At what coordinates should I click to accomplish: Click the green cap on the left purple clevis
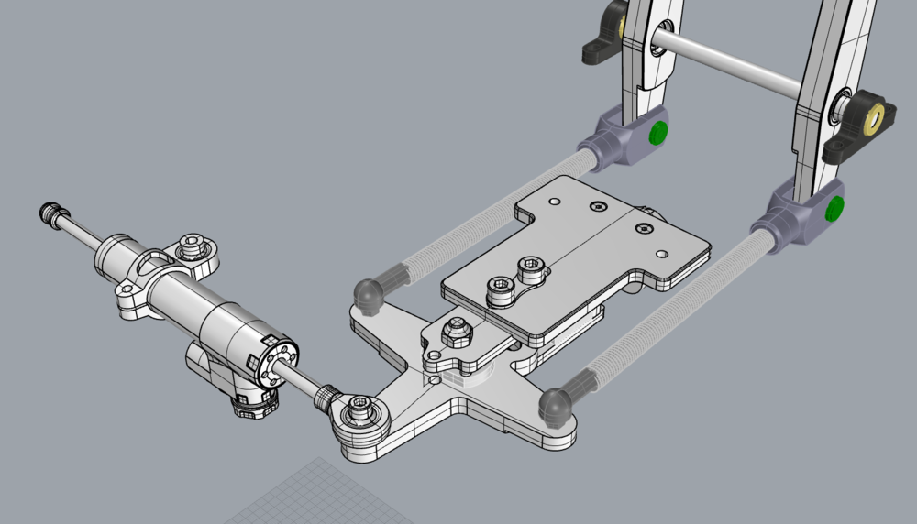tap(657, 133)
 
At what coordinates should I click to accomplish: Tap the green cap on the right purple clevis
tap(834, 209)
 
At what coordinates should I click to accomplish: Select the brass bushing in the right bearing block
tap(875, 116)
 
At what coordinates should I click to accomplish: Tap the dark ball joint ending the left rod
tap(370, 292)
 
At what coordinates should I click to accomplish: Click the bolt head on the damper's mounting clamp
tap(192, 246)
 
